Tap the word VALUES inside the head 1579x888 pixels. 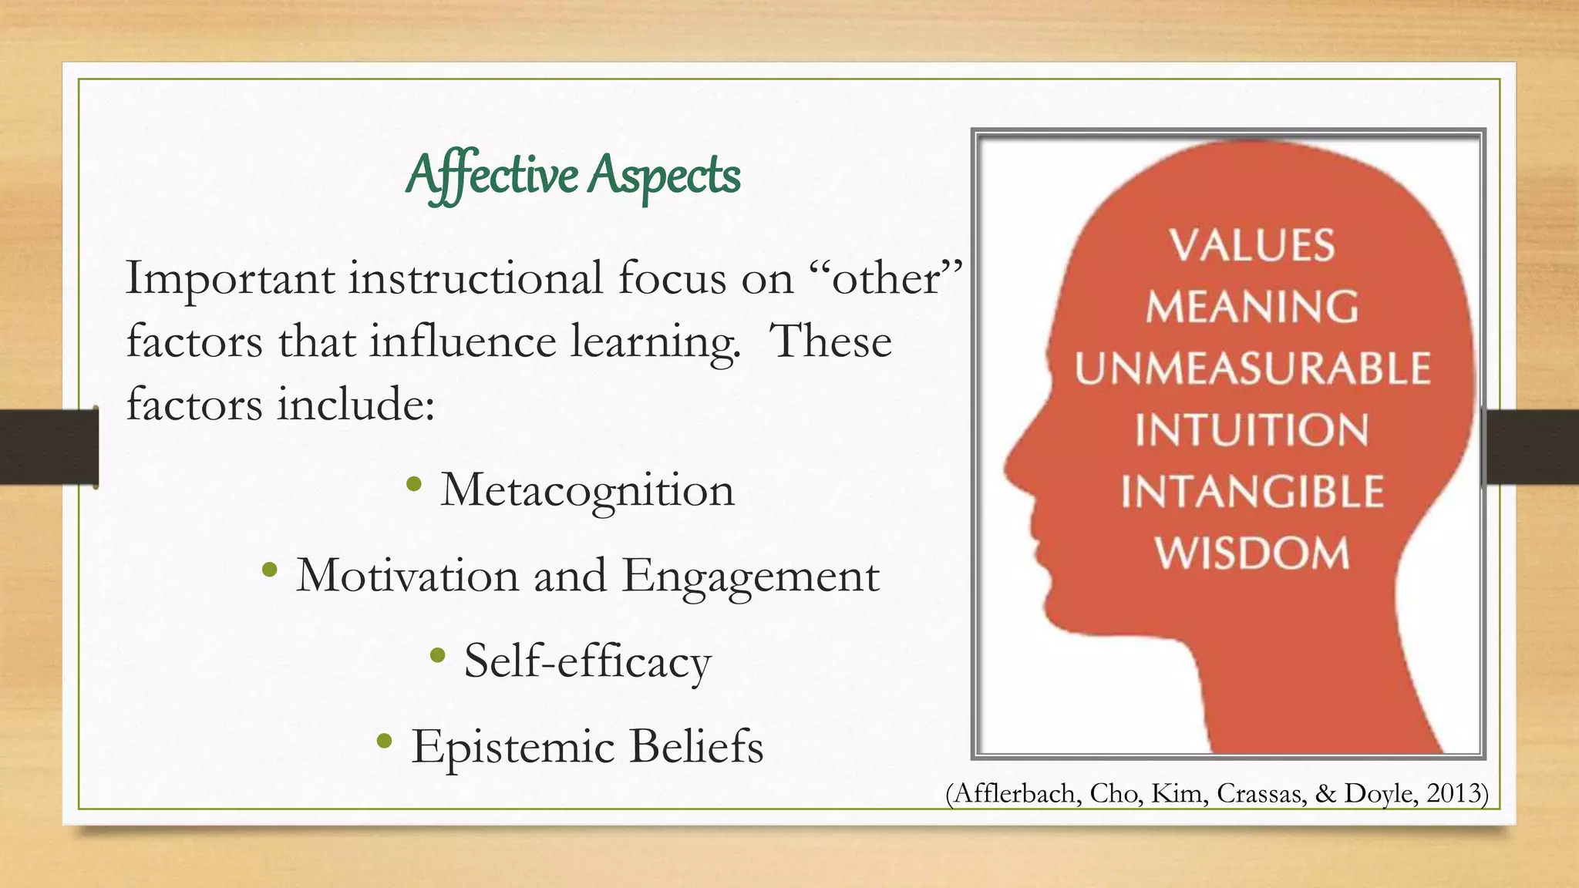[x=1251, y=246]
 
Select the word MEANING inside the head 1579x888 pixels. [x=1251, y=307]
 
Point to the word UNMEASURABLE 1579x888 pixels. [x=1252, y=368]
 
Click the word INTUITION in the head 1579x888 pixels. [x=1251, y=430]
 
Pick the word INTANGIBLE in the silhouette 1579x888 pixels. [x=1251, y=492]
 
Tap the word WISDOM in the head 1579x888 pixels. [x=1251, y=553]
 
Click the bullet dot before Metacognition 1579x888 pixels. [x=414, y=484]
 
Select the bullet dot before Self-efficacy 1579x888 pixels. [x=438, y=656]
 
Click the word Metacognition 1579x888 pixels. [x=587, y=490]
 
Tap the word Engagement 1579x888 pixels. [x=750, y=577]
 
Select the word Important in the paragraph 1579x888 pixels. [x=230, y=279]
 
